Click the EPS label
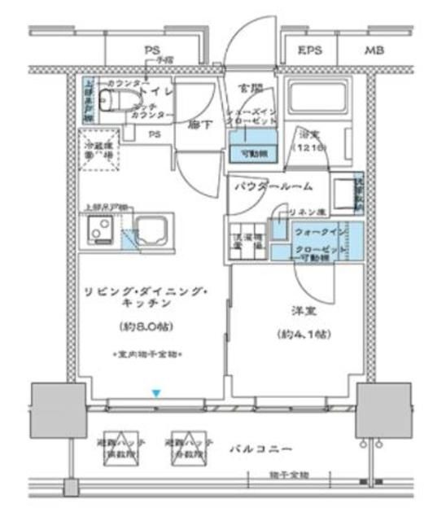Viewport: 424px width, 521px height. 310,50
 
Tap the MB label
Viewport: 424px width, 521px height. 374,50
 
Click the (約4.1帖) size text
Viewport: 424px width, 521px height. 300,334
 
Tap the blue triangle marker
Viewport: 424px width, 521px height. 156,394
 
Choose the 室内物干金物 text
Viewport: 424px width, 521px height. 147,355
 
